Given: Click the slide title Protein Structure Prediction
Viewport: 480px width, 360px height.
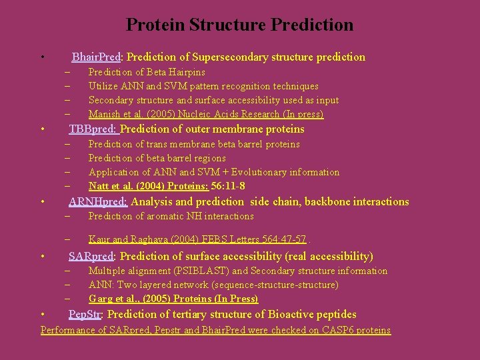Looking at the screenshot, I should (239, 25).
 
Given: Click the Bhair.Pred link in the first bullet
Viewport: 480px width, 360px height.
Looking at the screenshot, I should (91, 57).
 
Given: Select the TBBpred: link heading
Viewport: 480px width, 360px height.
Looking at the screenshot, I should (93, 129).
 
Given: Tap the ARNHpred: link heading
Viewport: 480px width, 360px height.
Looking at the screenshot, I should (98, 202).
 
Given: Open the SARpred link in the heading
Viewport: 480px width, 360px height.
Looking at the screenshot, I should (91, 257).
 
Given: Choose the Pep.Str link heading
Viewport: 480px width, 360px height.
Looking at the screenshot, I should (85, 315).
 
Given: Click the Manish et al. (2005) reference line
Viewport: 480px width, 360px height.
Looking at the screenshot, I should (205, 115).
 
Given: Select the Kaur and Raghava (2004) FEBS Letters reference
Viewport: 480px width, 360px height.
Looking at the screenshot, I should (197, 239).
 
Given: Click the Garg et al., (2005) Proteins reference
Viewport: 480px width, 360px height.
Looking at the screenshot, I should (173, 299).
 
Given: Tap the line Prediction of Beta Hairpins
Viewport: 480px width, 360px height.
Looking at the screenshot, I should (147, 72).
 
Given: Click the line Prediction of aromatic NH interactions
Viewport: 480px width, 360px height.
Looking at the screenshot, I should (171, 217).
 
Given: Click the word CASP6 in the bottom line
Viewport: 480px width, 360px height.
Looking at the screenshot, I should (334, 331).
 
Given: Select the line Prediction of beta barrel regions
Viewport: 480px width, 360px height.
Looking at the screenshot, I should (157, 159).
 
